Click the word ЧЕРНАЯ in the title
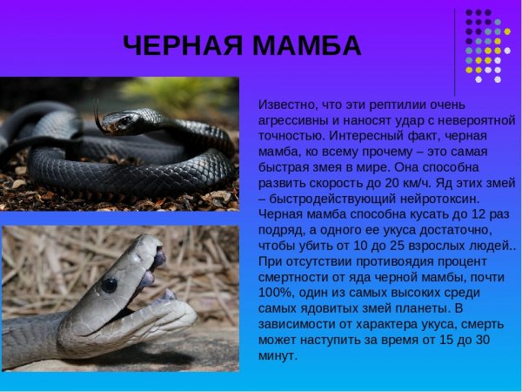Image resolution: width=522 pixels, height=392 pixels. click(x=183, y=45)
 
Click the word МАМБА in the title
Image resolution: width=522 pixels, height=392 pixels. click(x=306, y=45)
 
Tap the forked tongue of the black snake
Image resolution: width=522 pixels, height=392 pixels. click(x=97, y=117)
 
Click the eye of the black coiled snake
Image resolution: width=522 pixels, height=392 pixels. click(x=125, y=120)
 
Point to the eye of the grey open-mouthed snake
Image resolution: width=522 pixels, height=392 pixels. click(x=110, y=286)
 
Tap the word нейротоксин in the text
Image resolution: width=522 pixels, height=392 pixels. click(x=439, y=199)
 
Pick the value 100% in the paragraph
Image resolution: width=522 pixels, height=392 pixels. click(x=275, y=293)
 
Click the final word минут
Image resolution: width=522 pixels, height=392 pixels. click(x=278, y=355)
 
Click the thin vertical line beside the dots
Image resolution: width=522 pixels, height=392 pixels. click(x=455, y=52)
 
